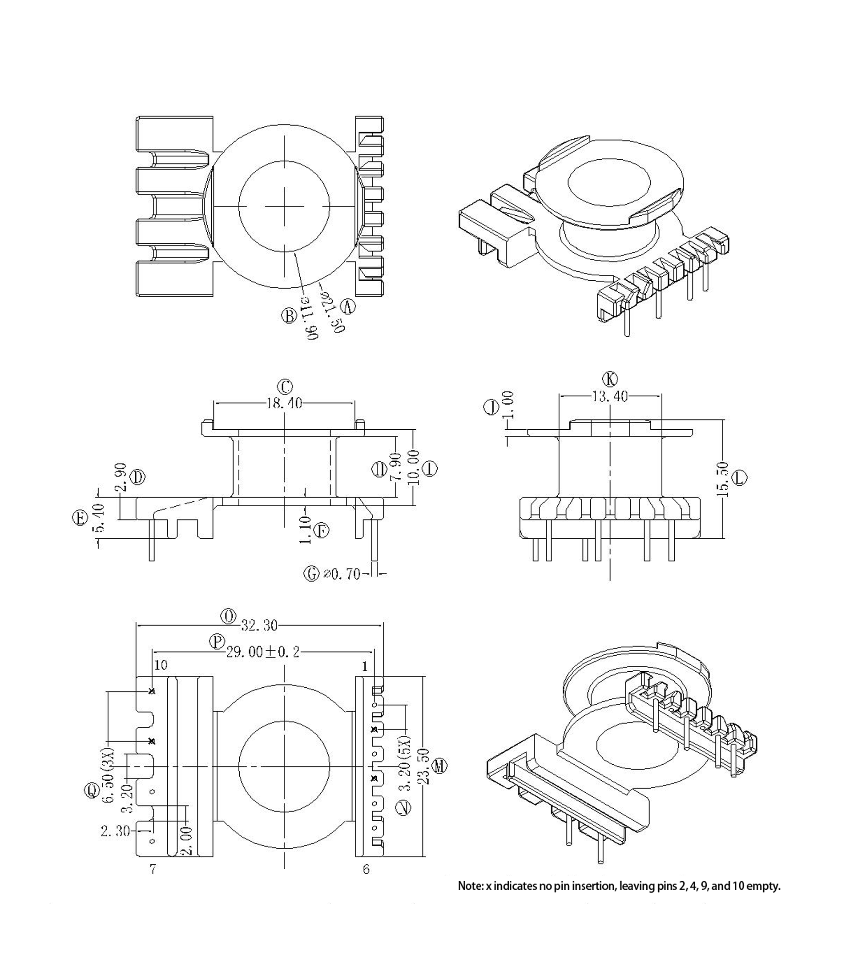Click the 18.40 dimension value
[284, 403]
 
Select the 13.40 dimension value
[609, 396]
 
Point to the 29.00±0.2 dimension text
[263, 652]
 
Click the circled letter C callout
[285, 387]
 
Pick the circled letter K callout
[610, 379]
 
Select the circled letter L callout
[740, 478]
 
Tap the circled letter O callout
[229, 617]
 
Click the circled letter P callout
[217, 642]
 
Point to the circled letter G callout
[312, 574]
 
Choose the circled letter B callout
[289, 315]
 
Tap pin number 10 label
[161, 665]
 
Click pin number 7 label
[153, 869]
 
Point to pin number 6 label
[366, 869]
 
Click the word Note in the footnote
[470, 886]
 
